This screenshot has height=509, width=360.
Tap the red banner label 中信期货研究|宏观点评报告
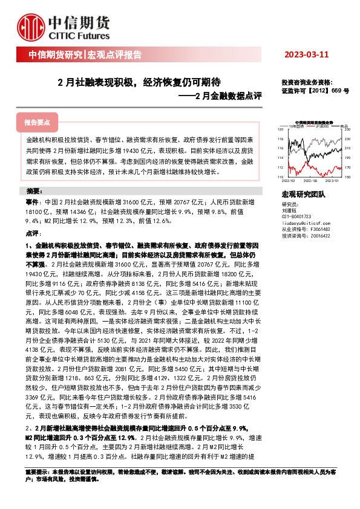pos(85,55)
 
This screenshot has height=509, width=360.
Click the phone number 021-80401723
pos(296,216)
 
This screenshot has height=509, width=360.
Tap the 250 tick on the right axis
pos(345,129)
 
